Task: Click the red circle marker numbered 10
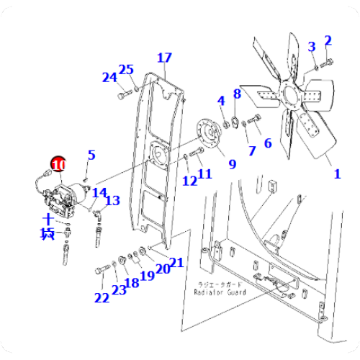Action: point(57,165)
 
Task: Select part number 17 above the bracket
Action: point(164,58)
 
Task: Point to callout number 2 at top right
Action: point(328,40)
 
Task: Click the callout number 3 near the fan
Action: point(312,47)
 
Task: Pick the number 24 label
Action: point(109,77)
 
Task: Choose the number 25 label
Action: point(127,70)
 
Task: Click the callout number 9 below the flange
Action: point(232,164)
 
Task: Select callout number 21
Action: point(177,264)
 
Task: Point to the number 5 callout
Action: point(91,155)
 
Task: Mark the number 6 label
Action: point(267,143)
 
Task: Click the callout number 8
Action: point(236,94)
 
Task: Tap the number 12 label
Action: point(189,181)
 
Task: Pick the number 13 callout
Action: point(113,201)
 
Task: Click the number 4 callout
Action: point(222,99)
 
